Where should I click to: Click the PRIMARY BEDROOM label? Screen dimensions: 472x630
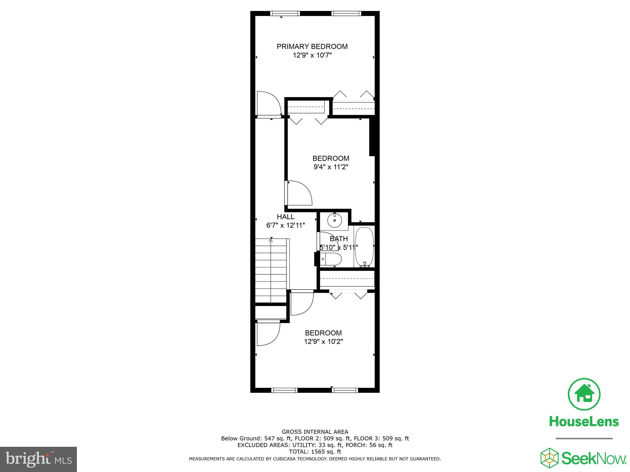tap(312, 46)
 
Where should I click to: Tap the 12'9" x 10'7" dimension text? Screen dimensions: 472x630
tap(312, 55)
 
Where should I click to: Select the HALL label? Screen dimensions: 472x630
tap(285, 217)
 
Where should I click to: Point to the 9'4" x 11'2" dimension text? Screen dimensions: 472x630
tap(331, 167)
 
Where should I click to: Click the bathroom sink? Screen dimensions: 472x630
tap(334, 220)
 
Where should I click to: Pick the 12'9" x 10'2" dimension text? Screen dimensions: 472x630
tap(323, 341)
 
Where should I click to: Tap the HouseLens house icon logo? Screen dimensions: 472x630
tap(584, 394)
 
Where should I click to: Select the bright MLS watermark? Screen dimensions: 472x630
tap(38, 459)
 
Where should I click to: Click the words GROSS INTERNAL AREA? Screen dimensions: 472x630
tap(315, 432)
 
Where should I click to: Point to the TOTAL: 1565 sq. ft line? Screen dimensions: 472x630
tap(315, 452)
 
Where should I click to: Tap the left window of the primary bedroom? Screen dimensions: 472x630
tap(285, 13)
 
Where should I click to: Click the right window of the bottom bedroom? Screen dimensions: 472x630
tap(345, 390)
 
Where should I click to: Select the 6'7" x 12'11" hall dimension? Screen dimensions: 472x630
tap(285, 225)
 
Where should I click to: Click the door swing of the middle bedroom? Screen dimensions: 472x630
tap(299, 193)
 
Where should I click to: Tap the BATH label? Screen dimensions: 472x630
tap(339, 239)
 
